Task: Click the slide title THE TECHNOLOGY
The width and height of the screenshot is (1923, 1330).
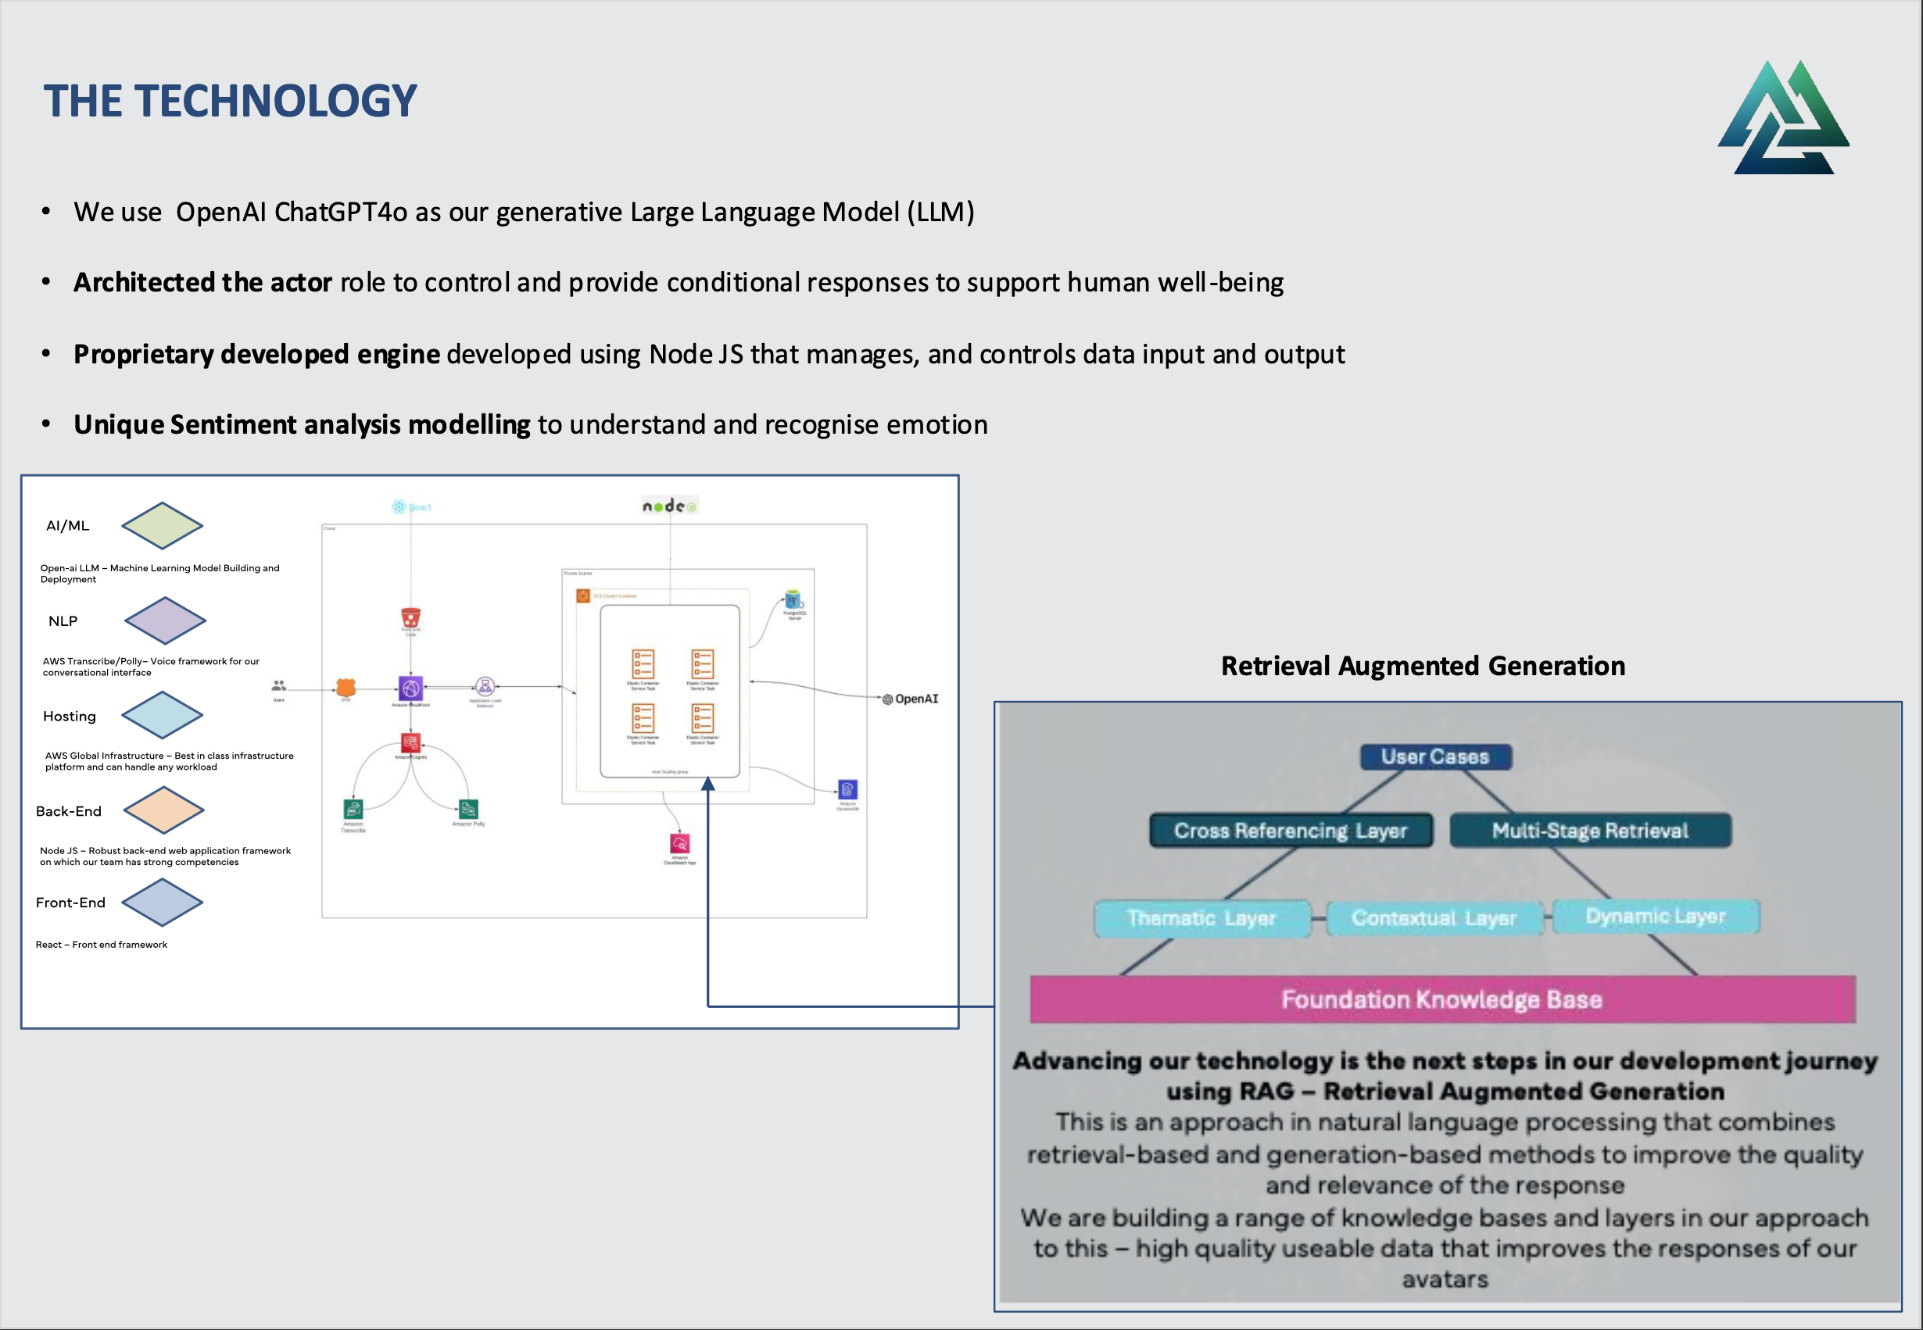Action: pyautogui.click(x=230, y=101)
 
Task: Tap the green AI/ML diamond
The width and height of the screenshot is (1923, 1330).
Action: pyautogui.click(x=162, y=526)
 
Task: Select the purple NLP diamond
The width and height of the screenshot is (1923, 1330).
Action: pyautogui.click(x=164, y=620)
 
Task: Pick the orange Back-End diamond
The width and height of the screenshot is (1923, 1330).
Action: pyautogui.click(x=163, y=810)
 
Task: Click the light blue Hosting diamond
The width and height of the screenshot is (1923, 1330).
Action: pyautogui.click(x=162, y=715)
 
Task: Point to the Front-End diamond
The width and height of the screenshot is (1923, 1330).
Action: pyautogui.click(x=162, y=903)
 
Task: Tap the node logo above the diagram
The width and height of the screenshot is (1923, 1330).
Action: pyautogui.click(x=669, y=506)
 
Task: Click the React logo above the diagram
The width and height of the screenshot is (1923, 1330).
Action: pyautogui.click(x=411, y=506)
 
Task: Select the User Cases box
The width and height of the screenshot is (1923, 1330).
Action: pyautogui.click(x=1434, y=756)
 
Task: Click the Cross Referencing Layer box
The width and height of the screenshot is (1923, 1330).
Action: pyautogui.click(x=1291, y=831)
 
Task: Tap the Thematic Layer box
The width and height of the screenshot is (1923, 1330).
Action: pyautogui.click(x=1201, y=918)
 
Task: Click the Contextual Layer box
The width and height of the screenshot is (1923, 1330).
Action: pyautogui.click(x=1434, y=918)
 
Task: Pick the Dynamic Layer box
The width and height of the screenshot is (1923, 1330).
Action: pyautogui.click(x=1656, y=916)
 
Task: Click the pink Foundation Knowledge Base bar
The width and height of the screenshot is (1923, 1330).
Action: pyautogui.click(x=1442, y=999)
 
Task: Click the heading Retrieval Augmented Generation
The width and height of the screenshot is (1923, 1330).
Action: pyautogui.click(x=1423, y=666)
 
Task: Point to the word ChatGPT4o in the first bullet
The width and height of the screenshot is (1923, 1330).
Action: pyautogui.click(x=341, y=212)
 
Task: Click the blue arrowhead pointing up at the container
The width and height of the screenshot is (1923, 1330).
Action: pyautogui.click(x=707, y=783)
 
